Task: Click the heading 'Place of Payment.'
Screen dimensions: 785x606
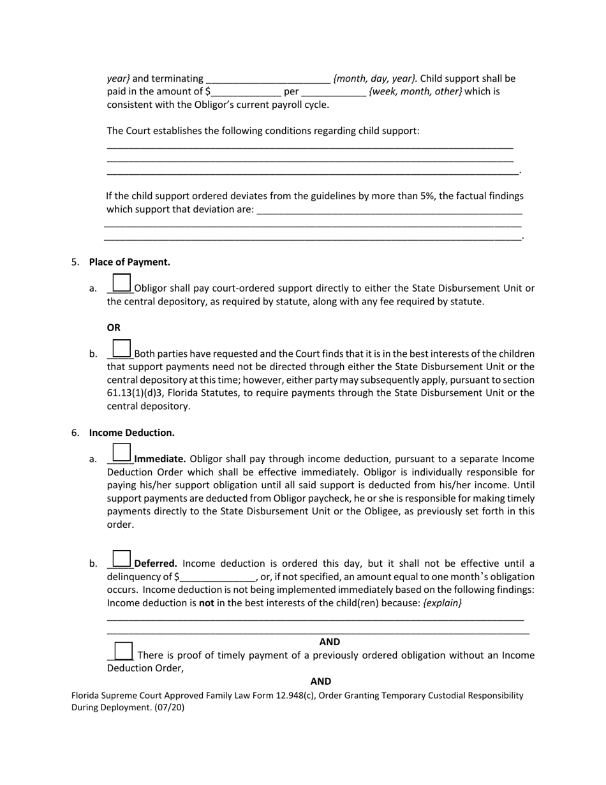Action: [x=129, y=262]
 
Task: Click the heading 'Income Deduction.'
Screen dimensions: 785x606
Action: [x=131, y=433]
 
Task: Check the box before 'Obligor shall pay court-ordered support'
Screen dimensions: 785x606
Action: [x=121, y=283]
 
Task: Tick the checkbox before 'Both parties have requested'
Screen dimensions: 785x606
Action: [x=121, y=348]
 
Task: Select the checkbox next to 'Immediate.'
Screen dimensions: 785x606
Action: [x=121, y=453]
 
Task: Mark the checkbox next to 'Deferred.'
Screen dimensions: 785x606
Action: [x=121, y=558]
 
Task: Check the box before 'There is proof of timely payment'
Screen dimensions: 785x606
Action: [x=123, y=650]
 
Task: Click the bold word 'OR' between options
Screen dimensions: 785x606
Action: [x=114, y=327]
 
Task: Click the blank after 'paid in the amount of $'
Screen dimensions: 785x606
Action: [x=246, y=92]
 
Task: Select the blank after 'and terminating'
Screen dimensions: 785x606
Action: [x=268, y=79]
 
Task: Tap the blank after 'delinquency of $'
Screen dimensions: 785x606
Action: [x=218, y=578]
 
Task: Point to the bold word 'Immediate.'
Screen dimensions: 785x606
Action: [x=160, y=459]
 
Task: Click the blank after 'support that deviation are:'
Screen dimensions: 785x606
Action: [x=389, y=209]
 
